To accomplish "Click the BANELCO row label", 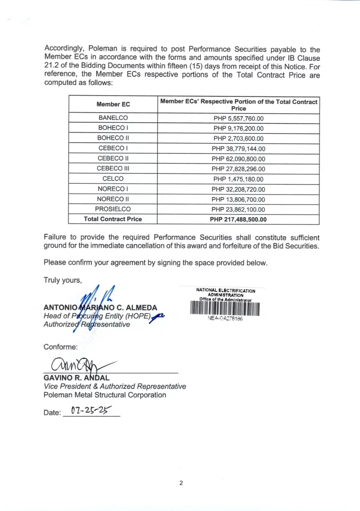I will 113,118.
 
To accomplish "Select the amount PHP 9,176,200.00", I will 238,128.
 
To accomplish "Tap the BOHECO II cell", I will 113,138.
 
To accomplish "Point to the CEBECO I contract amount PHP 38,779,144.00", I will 238,149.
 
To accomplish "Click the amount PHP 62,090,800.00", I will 238,159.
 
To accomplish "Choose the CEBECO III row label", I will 113,169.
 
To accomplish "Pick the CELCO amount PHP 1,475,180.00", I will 238,179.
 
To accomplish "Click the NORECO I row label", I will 113,189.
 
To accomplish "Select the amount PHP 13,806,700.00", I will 238,199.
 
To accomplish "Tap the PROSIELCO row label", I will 113,210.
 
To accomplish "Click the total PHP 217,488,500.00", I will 238,220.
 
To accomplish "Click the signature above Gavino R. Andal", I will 75,366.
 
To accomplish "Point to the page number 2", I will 181,483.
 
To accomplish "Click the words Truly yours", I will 62,280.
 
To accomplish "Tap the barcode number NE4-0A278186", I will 225,320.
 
